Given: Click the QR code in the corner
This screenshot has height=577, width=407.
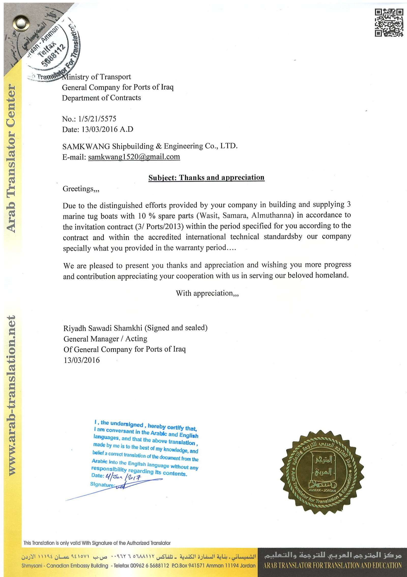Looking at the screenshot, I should (389, 23).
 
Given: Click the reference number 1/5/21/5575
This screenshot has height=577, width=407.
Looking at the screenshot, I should (97, 119).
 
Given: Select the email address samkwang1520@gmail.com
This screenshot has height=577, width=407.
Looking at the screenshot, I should (134, 157).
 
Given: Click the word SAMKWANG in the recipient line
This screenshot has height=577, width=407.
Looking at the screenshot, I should (86, 146).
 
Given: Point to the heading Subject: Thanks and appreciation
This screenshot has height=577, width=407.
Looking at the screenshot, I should (206, 178).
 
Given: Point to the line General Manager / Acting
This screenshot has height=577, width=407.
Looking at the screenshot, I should (105, 339).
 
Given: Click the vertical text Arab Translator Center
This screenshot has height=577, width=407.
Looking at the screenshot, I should (11, 158).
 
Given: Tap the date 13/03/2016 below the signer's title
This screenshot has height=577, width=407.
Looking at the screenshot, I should (82, 360).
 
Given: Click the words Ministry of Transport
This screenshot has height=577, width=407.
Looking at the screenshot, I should (97, 77).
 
